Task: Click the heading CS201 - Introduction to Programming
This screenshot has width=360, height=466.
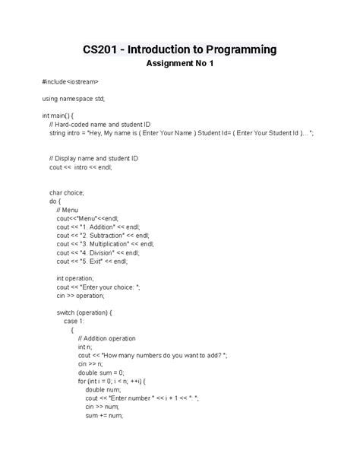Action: coord(180,50)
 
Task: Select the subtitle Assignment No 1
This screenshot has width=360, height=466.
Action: coord(180,64)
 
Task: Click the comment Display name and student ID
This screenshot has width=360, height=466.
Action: coord(93,158)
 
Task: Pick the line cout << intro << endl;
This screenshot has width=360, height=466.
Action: coord(81,167)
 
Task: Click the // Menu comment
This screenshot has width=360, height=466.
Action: coord(67,210)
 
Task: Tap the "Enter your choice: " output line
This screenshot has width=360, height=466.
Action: coord(98,287)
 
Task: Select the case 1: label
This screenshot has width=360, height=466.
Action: coord(74,322)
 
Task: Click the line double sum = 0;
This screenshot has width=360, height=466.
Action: coord(102,372)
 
